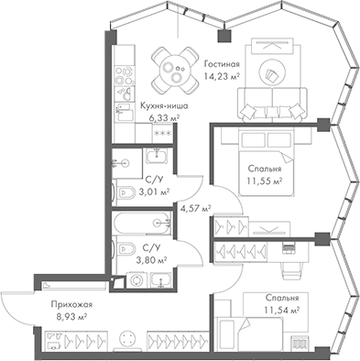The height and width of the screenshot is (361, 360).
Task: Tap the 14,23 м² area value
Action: pyautogui.click(x=223, y=76)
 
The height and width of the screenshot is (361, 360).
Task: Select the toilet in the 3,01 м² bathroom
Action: pyautogui.click(x=123, y=193)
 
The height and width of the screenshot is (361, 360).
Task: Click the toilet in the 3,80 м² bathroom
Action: pyautogui.click(x=122, y=249)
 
